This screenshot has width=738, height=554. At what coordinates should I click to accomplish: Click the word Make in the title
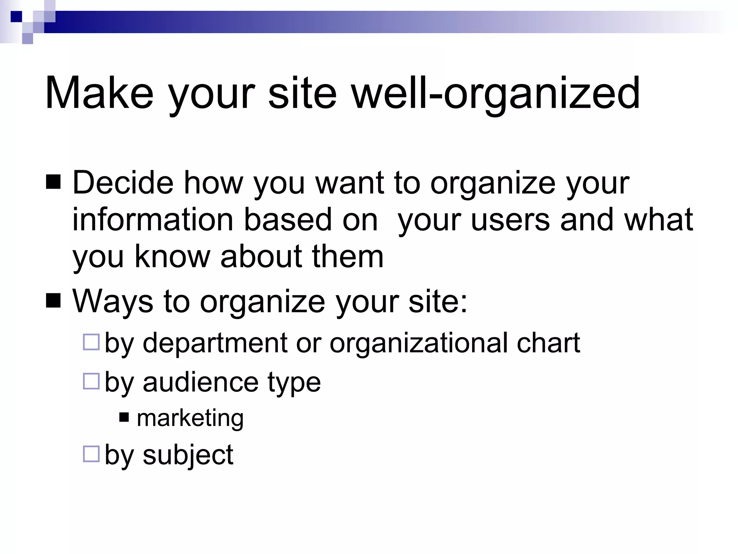tap(99, 93)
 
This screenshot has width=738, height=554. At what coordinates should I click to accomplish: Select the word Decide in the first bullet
tap(123, 183)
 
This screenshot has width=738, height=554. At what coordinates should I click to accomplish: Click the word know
tap(172, 256)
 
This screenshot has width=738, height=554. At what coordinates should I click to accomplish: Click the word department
tap(215, 343)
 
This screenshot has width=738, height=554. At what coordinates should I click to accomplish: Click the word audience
tap(201, 382)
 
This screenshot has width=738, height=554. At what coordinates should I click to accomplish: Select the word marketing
tap(190, 418)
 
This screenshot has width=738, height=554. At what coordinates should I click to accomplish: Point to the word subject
tap(188, 455)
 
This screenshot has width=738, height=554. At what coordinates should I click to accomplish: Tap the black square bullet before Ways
tap(54, 300)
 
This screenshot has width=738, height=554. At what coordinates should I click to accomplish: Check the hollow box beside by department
tap(91, 342)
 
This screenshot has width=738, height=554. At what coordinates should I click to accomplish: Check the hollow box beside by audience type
tap(91, 381)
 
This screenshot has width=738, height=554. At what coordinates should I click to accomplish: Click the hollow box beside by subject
tap(91, 454)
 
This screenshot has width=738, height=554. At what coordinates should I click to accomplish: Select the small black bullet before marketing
tap(124, 417)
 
